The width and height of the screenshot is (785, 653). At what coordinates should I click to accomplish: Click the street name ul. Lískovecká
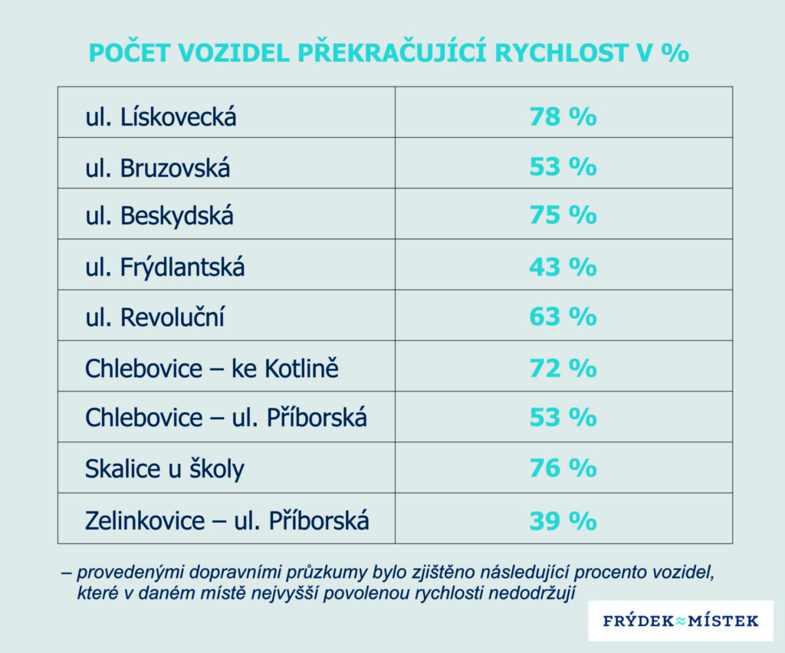click(160, 117)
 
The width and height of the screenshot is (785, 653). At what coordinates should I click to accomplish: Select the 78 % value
click(563, 117)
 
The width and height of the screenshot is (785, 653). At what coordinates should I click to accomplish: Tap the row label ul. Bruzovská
click(157, 168)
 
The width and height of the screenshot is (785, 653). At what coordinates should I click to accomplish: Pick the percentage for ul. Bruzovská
click(563, 167)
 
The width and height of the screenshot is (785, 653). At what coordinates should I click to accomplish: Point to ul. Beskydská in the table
click(159, 217)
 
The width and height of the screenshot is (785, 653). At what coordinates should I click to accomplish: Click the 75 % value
click(563, 216)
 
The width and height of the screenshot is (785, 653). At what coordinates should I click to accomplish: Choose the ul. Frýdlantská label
click(165, 267)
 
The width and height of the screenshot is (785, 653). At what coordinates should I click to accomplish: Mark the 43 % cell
click(563, 267)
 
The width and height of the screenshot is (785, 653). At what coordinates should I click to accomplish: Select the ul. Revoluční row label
click(155, 317)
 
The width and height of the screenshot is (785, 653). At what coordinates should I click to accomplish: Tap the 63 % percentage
click(563, 317)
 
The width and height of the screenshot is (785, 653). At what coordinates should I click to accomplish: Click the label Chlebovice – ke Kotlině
click(212, 369)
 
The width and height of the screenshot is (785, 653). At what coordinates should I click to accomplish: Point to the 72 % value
click(563, 368)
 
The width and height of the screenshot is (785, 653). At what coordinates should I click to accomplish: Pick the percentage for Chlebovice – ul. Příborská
click(563, 418)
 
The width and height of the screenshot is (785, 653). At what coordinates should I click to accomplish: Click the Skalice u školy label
click(164, 468)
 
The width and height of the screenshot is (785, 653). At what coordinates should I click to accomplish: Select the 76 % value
click(563, 468)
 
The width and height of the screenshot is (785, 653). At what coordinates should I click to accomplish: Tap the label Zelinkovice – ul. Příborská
click(227, 521)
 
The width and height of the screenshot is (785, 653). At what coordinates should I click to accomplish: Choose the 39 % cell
click(563, 520)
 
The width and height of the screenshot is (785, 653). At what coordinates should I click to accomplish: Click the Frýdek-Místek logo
click(681, 620)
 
